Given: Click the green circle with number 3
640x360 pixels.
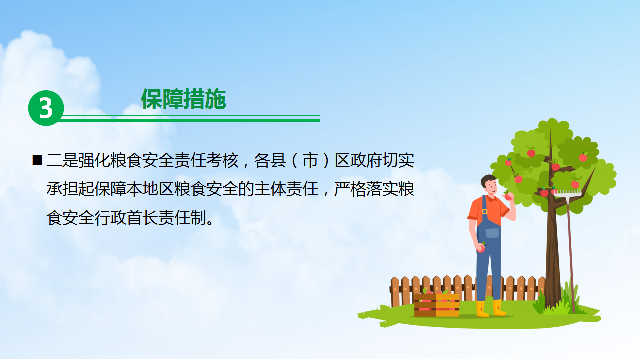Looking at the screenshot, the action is pos(46,108).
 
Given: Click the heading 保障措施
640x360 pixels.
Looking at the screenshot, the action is pos(184,99).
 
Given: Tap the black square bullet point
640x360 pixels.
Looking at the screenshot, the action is pos(37,160).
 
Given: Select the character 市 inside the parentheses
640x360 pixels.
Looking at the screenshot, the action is pos(310,160).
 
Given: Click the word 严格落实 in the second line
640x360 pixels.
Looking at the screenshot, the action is pos(366,189).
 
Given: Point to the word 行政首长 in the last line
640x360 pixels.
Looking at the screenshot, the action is pos(126,218).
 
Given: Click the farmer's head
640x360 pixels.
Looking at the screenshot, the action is pos(489,185).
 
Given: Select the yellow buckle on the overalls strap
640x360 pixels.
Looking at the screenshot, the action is pos(485,211).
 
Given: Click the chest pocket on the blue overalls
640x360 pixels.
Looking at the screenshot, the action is pos(492,233).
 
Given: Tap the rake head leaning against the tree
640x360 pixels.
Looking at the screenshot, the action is pos(567,193).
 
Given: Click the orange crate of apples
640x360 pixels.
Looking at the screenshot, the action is pos(447,305).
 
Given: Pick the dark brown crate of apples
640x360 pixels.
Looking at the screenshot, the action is pos(425,305).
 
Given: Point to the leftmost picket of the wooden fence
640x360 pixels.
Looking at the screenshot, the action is pos(395,291).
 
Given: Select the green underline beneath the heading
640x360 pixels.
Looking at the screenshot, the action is pos(190,120).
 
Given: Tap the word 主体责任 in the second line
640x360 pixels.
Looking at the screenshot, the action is pos(286,189).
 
